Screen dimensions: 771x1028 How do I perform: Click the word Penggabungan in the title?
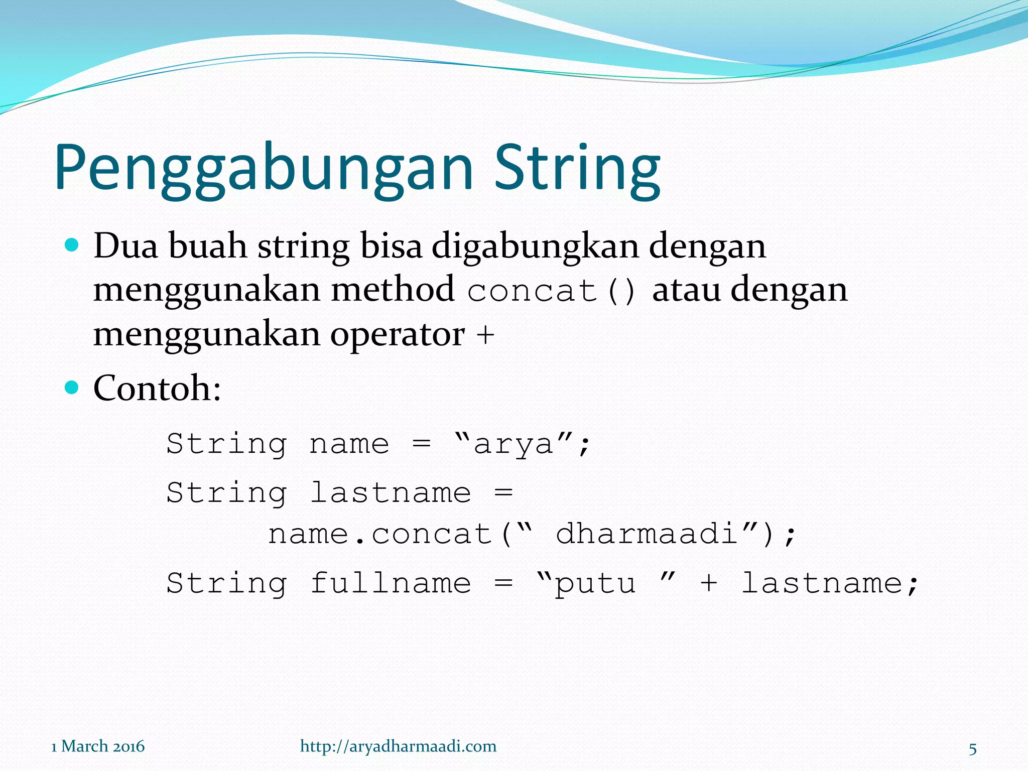tap(264, 168)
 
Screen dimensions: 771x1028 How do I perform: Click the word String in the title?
tap(577, 168)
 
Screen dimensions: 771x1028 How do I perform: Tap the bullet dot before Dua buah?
tap(73, 245)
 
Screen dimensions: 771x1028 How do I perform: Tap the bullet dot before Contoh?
tap(73, 388)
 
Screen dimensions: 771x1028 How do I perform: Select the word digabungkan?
tap(535, 247)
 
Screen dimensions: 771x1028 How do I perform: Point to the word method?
tap(393, 290)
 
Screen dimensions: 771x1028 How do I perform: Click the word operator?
tap(397, 334)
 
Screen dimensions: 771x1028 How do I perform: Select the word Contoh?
tap(157, 389)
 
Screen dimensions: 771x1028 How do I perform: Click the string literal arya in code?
tap(513, 444)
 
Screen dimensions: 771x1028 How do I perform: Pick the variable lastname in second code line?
tap(391, 492)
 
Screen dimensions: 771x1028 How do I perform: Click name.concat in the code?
tap(380, 534)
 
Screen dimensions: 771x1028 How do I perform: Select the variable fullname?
tap(391, 583)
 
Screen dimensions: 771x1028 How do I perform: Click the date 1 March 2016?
tap(98, 746)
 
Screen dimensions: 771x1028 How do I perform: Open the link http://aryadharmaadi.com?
tap(398, 746)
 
